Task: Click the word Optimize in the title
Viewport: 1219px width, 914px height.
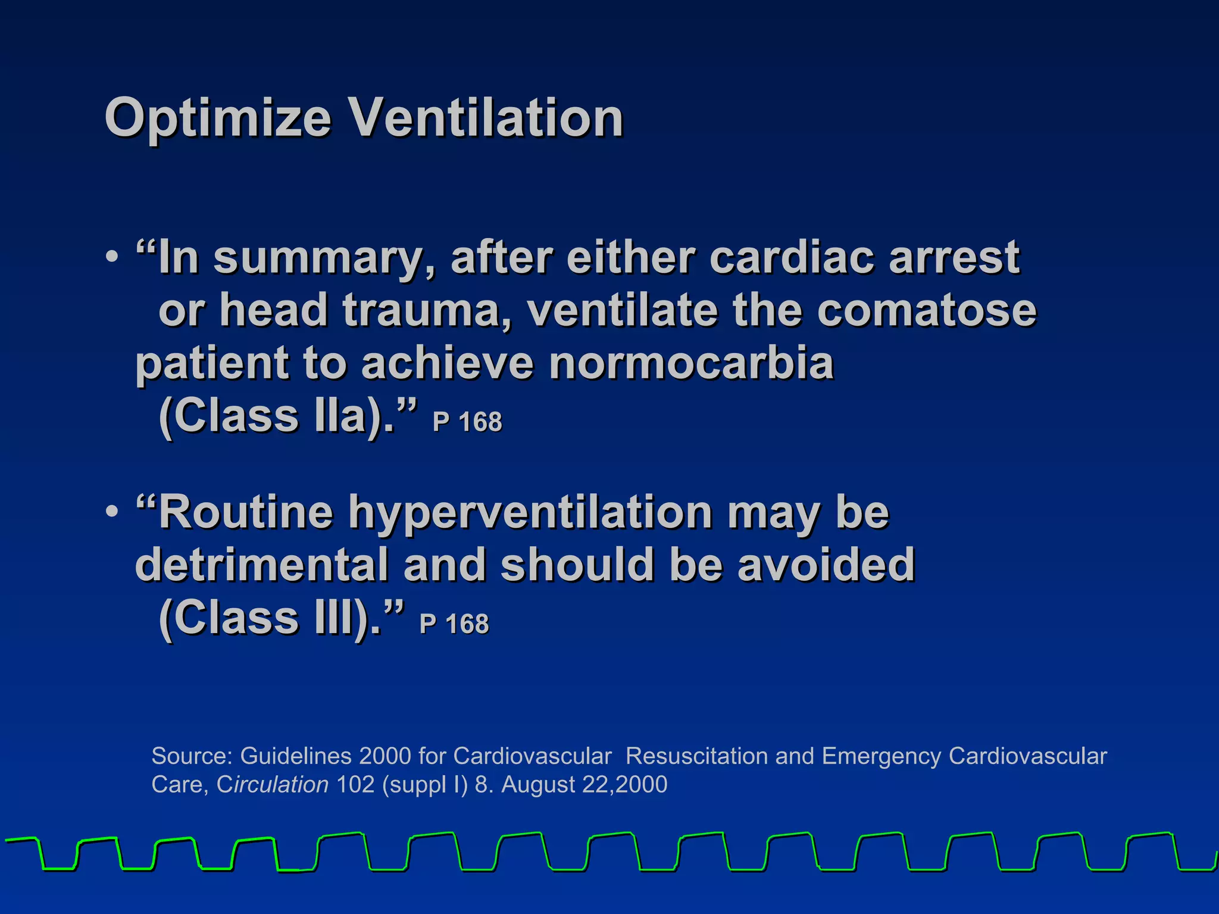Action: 217,119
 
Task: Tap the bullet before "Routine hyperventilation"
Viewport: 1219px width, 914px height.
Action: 112,512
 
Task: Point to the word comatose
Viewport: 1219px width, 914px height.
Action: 926,311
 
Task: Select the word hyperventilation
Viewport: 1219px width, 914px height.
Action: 530,513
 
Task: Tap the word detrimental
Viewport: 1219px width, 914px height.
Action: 262,565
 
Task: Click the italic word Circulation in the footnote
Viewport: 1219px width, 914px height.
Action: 273,785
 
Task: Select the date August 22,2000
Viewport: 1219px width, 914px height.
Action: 584,785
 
